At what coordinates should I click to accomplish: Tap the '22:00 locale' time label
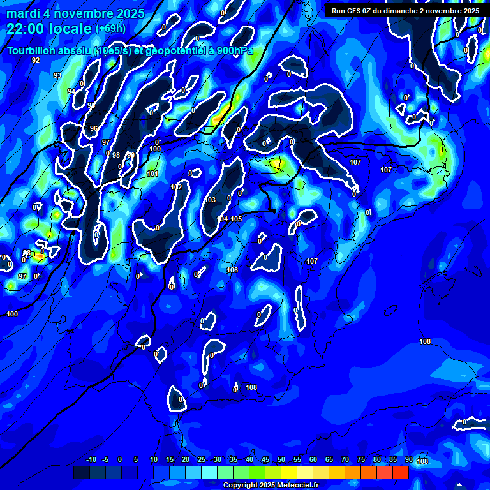tap(48, 28)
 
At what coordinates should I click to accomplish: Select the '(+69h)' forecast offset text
tap(110, 28)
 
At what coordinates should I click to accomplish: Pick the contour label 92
tap(36, 60)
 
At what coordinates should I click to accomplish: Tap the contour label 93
tap(57, 75)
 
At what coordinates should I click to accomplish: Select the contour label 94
tap(71, 91)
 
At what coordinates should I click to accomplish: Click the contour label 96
tap(94, 128)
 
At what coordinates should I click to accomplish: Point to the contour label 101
tap(152, 174)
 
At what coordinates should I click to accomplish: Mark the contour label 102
tap(176, 187)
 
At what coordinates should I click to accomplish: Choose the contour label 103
tap(210, 200)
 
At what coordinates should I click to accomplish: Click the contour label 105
tap(236, 219)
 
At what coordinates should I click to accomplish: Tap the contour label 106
tap(232, 270)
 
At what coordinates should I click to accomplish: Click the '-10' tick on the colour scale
tap(91, 460)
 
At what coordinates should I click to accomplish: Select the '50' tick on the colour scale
tap(281, 460)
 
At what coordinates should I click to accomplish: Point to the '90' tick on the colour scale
tap(408, 460)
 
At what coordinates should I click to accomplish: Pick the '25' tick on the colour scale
tap(202, 460)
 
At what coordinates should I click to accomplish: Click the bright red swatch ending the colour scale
tap(400, 472)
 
